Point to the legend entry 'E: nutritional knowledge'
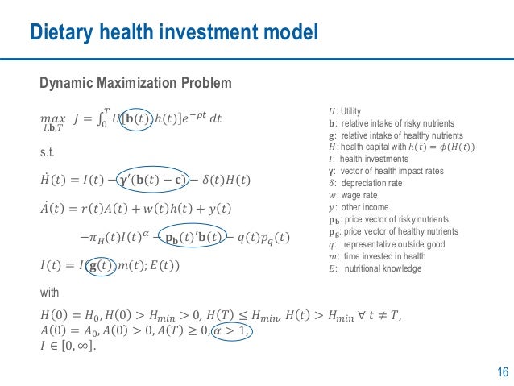375,268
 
